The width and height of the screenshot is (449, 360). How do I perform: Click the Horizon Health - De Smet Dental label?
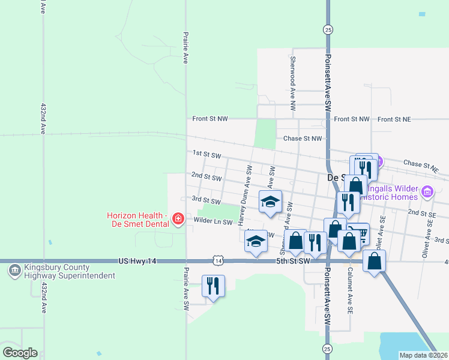(x=136, y=220)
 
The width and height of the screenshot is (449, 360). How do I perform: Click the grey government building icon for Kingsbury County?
(x=13, y=271)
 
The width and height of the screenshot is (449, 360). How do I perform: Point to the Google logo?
(x=20, y=353)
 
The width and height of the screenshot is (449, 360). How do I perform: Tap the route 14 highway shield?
(x=218, y=261)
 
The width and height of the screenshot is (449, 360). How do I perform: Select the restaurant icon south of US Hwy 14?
(x=213, y=286)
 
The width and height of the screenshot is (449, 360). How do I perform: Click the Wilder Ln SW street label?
(x=212, y=222)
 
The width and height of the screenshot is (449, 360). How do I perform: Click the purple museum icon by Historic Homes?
(x=427, y=192)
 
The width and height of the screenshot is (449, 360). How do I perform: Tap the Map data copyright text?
(x=423, y=355)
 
